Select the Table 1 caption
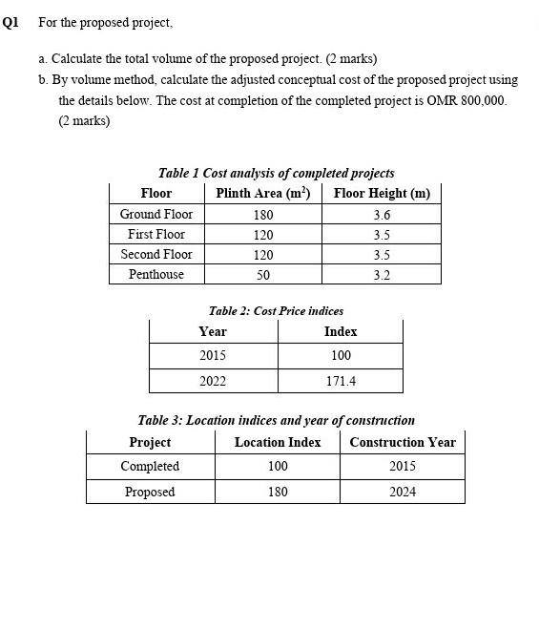[276, 173]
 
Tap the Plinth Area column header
[263, 194]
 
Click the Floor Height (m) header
[382, 194]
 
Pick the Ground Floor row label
[156, 215]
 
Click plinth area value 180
[263, 215]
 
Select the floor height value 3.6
[382, 215]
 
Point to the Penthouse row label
[156, 275]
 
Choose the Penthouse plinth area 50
[263, 275]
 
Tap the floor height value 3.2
[382, 275]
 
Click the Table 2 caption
[276, 311]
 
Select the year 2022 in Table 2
[213, 381]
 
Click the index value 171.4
[341, 381]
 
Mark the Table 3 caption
[276, 420]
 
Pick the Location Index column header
[278, 442]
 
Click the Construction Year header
[403, 442]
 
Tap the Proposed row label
[150, 492]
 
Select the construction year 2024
[403, 492]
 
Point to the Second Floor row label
[156, 255]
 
